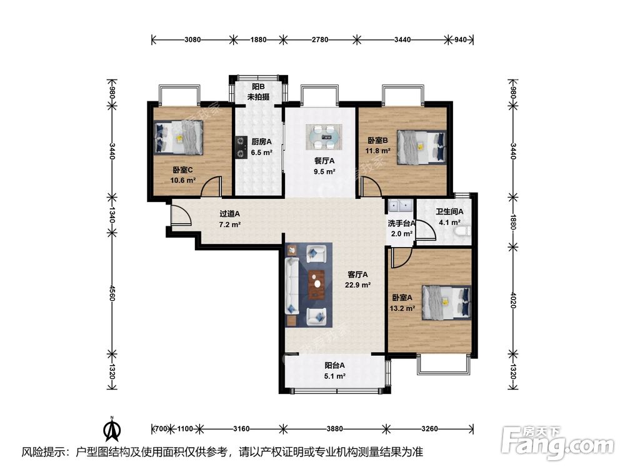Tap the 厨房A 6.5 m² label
(x=261, y=146)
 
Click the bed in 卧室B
(x=421, y=147)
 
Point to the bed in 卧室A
(x=446, y=302)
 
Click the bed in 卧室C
(x=179, y=138)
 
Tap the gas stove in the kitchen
(x=240, y=147)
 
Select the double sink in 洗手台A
(x=400, y=205)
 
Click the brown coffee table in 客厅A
(x=316, y=285)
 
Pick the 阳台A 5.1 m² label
(x=334, y=370)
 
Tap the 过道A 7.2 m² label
(x=229, y=219)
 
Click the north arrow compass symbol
(x=112, y=429)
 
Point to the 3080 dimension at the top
(x=192, y=39)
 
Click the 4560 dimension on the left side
(x=112, y=293)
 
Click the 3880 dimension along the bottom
(x=334, y=429)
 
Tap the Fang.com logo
(x=557, y=443)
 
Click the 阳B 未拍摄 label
(x=258, y=92)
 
